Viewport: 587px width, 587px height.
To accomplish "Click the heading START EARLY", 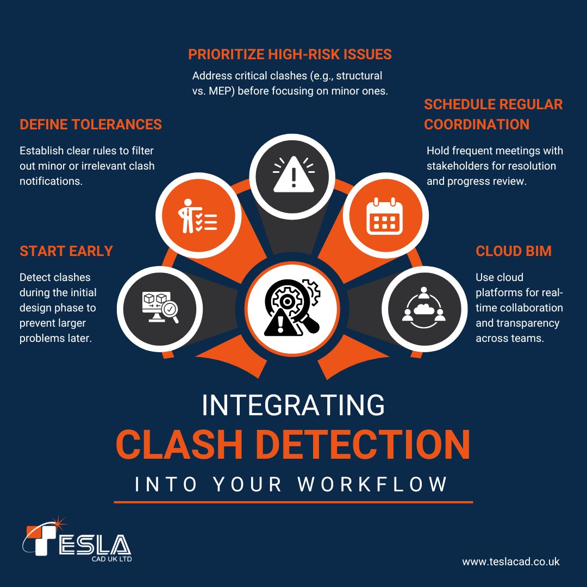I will point(66,251).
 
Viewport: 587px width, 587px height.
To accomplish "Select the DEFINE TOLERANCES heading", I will point(91,124).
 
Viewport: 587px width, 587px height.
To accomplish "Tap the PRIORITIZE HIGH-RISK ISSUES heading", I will point(290,54).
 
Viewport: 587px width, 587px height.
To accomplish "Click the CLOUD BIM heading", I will point(514,251).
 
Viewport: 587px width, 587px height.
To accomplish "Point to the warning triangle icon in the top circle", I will point(294,174).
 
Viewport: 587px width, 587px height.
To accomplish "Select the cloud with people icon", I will point(423,307).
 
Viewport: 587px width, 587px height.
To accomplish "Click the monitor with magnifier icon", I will point(159,307).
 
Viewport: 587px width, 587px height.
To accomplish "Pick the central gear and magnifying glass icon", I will point(292,308).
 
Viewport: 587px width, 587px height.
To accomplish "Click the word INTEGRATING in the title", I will point(293,405).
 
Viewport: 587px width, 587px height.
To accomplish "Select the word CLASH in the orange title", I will point(179,444).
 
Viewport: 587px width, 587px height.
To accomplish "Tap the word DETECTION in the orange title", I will point(363,444).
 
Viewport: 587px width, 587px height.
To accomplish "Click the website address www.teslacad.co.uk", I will point(511,561).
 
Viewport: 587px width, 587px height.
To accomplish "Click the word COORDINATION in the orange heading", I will point(477,124).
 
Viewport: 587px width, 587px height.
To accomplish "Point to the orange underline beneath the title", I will point(293,502).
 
